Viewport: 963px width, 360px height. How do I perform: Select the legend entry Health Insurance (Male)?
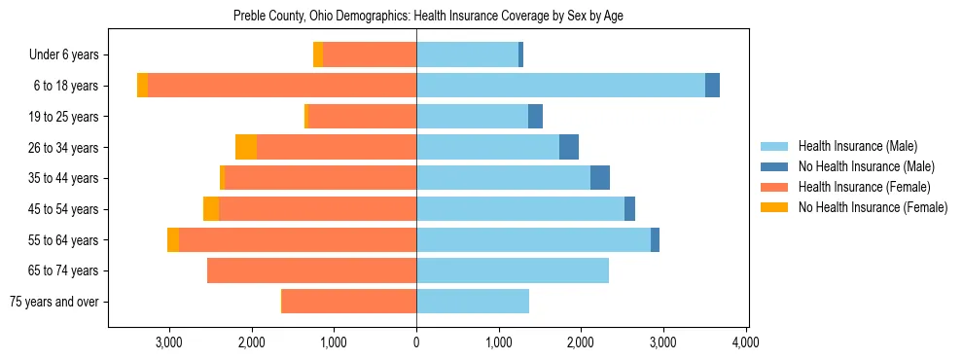[x=857, y=146]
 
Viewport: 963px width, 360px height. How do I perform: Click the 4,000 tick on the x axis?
[x=745, y=342]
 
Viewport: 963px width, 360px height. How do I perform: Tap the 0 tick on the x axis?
[x=416, y=342]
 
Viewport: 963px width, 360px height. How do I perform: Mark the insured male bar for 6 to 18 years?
[x=560, y=86]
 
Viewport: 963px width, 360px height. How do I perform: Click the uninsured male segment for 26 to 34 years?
[x=569, y=147]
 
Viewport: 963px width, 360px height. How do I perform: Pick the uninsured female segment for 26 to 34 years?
[x=246, y=147]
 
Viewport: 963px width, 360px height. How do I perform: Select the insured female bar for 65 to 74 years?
[x=311, y=270]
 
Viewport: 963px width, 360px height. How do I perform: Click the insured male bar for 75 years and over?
[x=473, y=302]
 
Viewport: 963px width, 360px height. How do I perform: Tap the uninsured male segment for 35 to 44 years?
[x=600, y=178]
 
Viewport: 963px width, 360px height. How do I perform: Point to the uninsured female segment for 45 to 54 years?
[x=211, y=209]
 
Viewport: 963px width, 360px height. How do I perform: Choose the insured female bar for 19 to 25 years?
[x=362, y=117]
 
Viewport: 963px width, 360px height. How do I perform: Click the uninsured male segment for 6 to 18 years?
[x=712, y=86]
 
